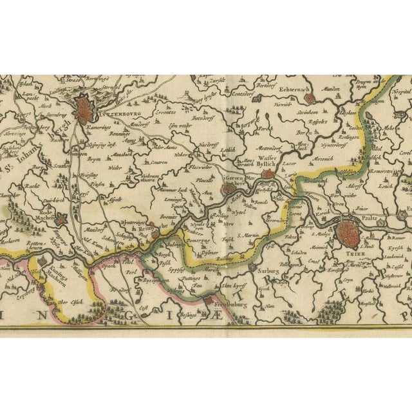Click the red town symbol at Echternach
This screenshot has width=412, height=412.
click(x=310, y=98)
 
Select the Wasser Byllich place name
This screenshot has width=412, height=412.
click(x=270, y=160)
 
